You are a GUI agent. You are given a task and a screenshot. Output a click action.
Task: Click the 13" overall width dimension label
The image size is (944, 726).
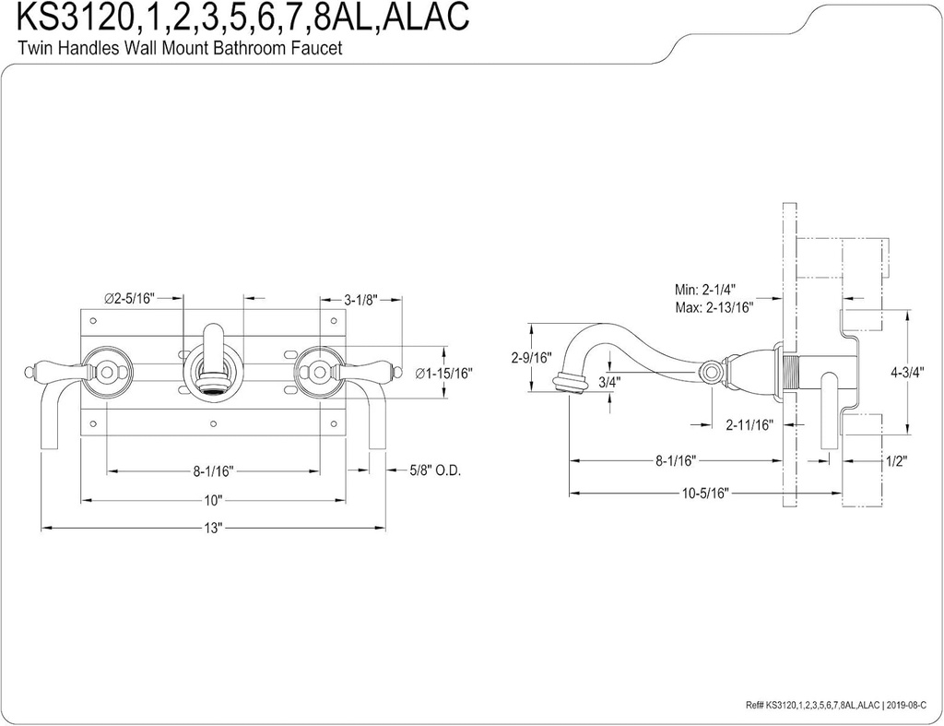214,530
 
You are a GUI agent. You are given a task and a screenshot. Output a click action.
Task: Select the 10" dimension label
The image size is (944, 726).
214,501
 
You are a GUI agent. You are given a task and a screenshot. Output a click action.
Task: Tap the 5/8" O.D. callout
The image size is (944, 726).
434,470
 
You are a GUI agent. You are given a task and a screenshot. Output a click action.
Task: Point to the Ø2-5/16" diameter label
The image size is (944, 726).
129,298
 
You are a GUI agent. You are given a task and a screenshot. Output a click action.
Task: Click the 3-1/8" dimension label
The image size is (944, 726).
361,299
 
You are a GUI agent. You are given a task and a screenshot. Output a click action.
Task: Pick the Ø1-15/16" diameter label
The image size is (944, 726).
442,374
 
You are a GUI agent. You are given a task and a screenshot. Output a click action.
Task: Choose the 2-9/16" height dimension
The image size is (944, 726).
531,358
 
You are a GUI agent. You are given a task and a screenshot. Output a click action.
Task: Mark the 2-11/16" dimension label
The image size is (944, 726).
748,424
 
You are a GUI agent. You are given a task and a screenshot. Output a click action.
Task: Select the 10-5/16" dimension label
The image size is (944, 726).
706,493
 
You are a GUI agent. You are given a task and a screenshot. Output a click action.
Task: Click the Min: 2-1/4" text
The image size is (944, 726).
707,289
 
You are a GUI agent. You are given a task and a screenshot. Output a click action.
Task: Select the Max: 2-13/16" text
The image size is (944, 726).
714,306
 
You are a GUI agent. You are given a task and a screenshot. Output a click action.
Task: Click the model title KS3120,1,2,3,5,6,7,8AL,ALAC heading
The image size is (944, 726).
242,18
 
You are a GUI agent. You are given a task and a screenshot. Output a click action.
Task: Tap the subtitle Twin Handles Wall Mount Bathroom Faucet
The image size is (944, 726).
181,48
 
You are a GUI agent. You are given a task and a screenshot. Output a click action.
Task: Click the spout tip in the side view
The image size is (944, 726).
570,383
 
